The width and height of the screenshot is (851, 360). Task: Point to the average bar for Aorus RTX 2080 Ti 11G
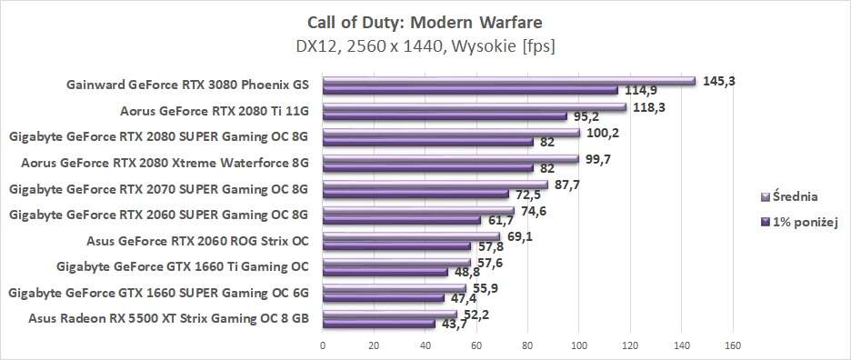pyautogui.click(x=474, y=107)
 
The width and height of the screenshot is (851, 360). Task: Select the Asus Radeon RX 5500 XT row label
pyautogui.click(x=168, y=318)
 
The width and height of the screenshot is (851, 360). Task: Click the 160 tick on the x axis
pyautogui.click(x=733, y=345)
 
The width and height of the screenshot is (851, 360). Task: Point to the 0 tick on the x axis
pyautogui.click(x=323, y=345)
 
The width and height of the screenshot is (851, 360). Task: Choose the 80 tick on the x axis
pyautogui.click(x=527, y=345)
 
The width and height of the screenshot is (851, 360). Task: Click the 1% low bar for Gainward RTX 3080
pyautogui.click(x=469, y=90)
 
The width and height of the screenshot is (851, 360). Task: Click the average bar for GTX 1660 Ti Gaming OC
pyautogui.click(x=395, y=264)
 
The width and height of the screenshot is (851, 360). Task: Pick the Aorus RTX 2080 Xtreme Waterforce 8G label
pyautogui.click(x=165, y=164)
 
